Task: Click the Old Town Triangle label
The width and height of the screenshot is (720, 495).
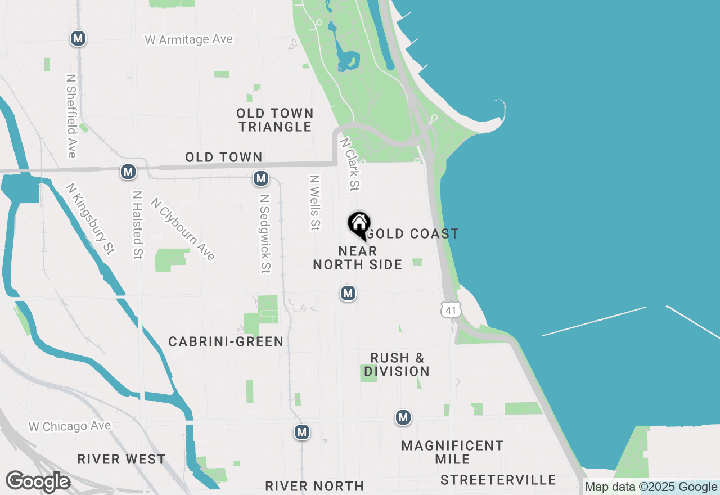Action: (x=275, y=120)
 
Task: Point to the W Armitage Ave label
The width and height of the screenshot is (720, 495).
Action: (x=189, y=40)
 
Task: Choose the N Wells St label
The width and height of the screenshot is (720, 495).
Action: (x=314, y=202)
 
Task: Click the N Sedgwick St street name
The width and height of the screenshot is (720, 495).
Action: (x=265, y=234)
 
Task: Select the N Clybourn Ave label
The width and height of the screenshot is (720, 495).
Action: (x=183, y=229)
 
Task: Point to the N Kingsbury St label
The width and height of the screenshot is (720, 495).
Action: (x=90, y=219)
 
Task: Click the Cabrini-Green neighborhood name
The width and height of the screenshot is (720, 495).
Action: (x=226, y=342)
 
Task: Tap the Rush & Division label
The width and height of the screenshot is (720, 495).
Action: (x=397, y=364)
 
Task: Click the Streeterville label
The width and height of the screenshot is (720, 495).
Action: (x=498, y=480)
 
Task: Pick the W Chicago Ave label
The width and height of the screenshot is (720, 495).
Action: (x=70, y=427)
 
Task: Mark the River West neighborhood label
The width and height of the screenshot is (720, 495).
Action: (x=121, y=459)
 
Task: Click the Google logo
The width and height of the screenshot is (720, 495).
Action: (x=38, y=482)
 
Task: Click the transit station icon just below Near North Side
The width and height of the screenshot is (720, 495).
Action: (x=348, y=293)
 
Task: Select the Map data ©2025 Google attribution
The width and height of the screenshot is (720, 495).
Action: (x=651, y=487)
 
